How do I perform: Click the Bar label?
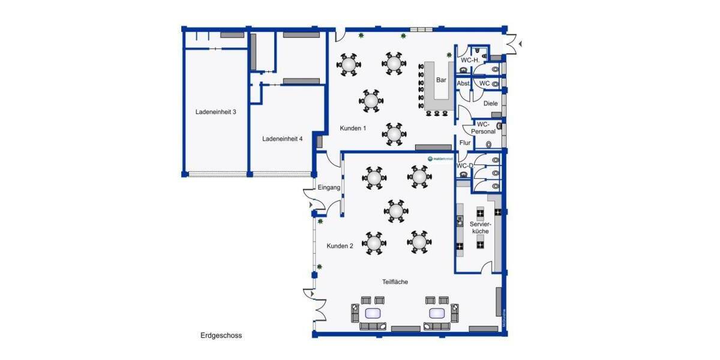click(441, 80)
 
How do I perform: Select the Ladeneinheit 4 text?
click(282, 139)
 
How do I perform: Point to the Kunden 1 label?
click(353, 128)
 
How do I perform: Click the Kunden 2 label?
click(340, 246)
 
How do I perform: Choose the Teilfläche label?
click(395, 281)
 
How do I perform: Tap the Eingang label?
click(329, 188)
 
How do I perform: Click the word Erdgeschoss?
click(221, 335)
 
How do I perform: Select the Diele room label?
click(490, 103)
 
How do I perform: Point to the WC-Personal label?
click(483, 128)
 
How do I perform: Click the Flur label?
click(465, 143)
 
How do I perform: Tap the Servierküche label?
click(480, 227)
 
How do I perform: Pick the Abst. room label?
click(463, 83)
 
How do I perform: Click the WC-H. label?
click(469, 60)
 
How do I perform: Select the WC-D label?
click(464, 166)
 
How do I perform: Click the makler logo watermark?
click(440, 158)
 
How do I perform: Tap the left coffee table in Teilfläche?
click(373, 313)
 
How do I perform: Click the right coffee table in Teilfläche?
click(437, 313)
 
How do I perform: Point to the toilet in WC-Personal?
click(490, 145)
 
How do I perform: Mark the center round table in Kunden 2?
click(395, 211)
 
